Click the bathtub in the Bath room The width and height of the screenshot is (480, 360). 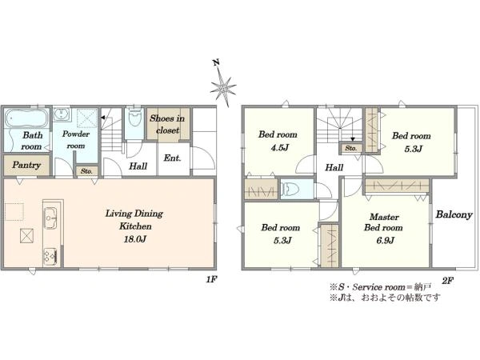(x=26, y=118)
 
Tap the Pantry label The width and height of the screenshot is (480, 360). (x=26, y=166)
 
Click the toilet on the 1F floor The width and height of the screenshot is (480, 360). (x=134, y=117)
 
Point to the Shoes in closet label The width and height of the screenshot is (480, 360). (x=167, y=124)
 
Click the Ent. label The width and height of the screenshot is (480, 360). (x=172, y=158)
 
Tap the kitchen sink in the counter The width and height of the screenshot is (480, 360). (x=50, y=218)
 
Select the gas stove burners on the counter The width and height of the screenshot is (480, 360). (x=50, y=255)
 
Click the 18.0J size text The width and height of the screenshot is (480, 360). (x=135, y=239)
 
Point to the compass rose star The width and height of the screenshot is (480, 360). (x=223, y=86)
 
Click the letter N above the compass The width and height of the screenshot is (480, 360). (x=217, y=62)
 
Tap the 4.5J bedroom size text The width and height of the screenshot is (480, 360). (x=278, y=148)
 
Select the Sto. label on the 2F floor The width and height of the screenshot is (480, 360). (x=351, y=148)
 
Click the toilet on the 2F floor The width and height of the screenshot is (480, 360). (x=289, y=189)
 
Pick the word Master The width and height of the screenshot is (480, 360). (x=384, y=217)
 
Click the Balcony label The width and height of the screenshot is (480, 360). (x=454, y=215)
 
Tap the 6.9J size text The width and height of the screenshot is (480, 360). (x=385, y=240)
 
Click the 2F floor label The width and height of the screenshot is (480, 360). (x=447, y=281)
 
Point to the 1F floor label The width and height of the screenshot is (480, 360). (x=211, y=279)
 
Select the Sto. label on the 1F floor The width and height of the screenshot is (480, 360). (x=86, y=171)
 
